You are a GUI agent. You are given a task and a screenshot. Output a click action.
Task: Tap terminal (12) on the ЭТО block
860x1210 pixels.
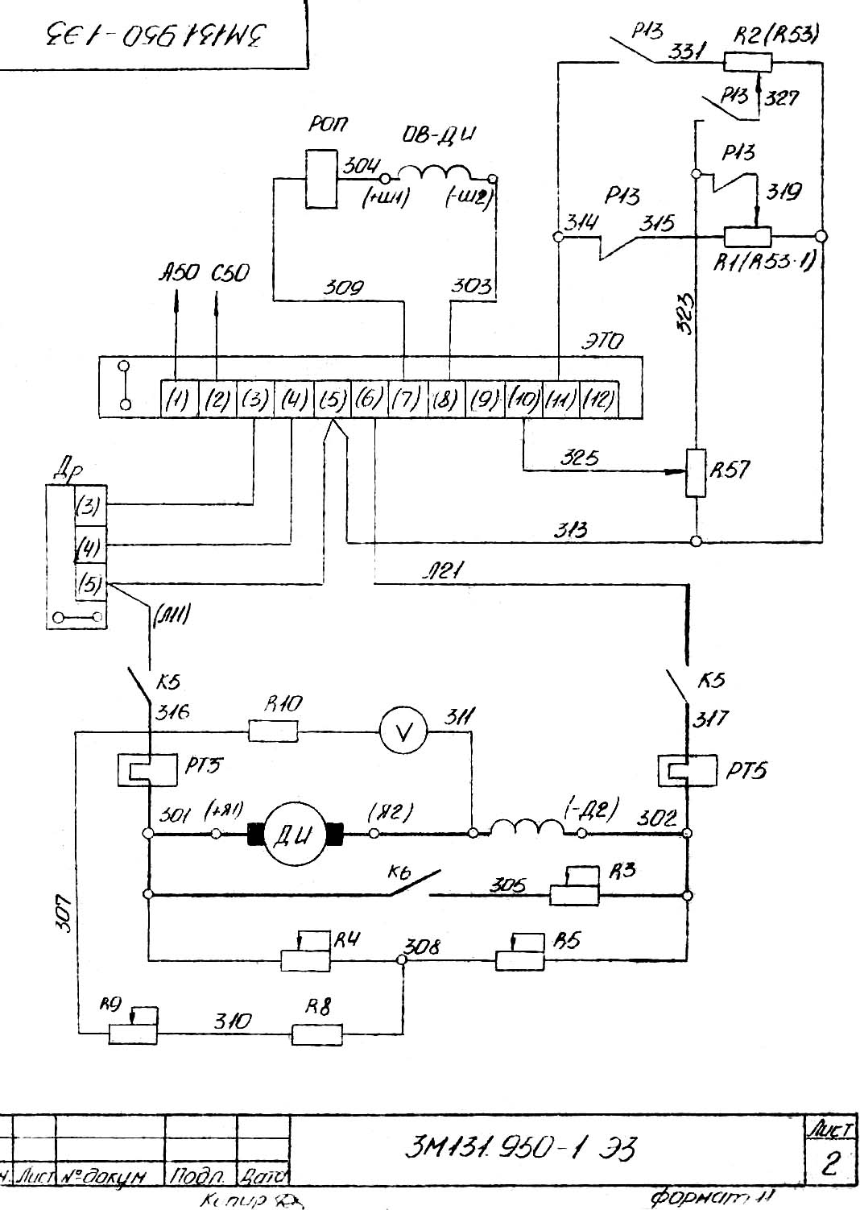[x=598, y=399]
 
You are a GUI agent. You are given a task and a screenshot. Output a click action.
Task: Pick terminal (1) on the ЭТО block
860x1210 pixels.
[x=177, y=399]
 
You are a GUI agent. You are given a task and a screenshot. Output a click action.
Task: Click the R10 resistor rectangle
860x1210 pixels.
[x=274, y=731]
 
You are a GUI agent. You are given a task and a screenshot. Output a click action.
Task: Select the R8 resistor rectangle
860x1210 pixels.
[x=316, y=1034]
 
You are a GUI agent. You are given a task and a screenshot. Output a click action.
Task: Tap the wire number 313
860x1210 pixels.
[x=570, y=529]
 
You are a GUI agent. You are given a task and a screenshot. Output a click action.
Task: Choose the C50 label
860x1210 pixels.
[x=230, y=274]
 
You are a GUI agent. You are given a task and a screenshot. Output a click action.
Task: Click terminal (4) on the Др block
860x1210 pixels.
[x=89, y=548]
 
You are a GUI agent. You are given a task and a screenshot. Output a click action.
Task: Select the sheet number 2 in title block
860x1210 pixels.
[x=829, y=1164]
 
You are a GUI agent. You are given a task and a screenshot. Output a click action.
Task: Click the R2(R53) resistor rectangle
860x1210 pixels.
[x=748, y=62]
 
